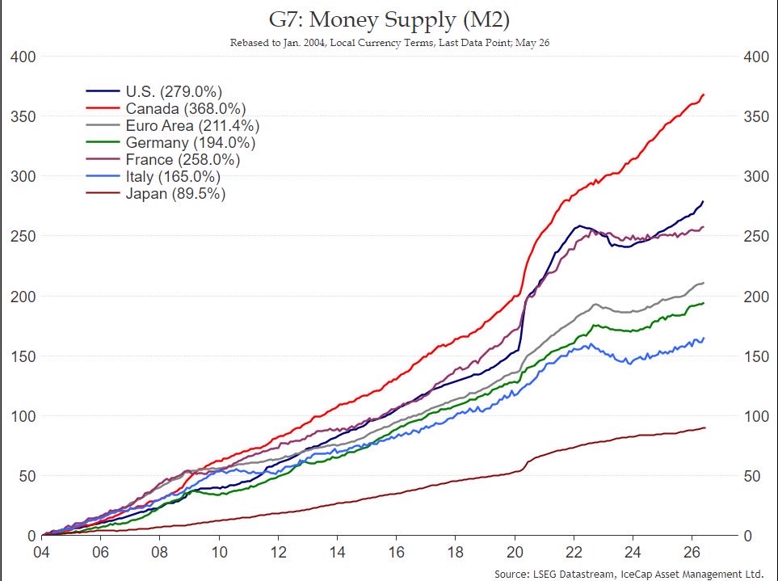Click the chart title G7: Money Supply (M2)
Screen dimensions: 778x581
click(x=389, y=20)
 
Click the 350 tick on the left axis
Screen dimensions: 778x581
click(x=23, y=116)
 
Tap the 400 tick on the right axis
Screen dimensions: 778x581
click(x=756, y=57)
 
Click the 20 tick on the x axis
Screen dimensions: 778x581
click(x=515, y=552)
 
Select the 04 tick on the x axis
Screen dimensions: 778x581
click(x=41, y=552)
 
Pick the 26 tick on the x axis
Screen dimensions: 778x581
click(x=692, y=552)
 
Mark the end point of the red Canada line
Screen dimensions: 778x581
click(x=704, y=95)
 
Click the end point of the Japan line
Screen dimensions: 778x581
click(x=704, y=427)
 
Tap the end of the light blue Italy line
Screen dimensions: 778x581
click(x=704, y=339)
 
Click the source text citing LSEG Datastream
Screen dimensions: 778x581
click(x=629, y=574)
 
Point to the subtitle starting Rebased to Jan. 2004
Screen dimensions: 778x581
click(x=389, y=43)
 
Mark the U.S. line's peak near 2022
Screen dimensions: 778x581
click(x=578, y=226)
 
